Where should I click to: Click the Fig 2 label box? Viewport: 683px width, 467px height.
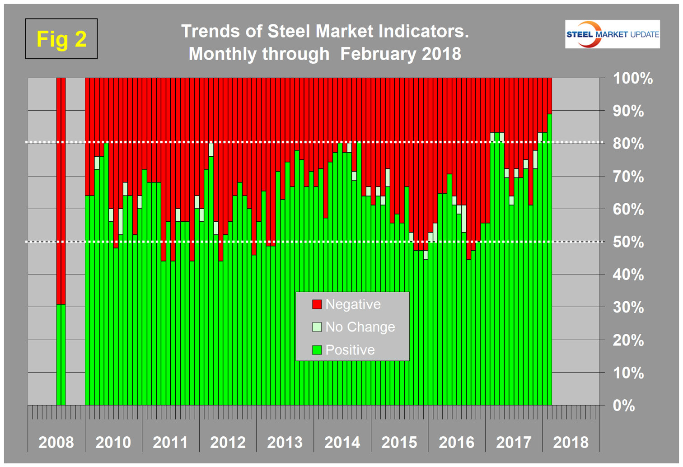point(61,39)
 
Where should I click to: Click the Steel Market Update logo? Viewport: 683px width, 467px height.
point(612,34)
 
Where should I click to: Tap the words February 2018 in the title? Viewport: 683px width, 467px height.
point(400,54)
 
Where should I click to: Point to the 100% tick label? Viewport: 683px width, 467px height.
point(632,79)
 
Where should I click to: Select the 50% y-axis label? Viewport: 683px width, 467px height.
point(628,242)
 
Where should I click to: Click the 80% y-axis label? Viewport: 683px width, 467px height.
point(628,144)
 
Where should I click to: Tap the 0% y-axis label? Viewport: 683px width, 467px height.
point(624,406)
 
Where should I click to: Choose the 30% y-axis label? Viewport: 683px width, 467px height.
point(628,308)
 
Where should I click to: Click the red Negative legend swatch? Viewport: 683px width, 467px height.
point(317,304)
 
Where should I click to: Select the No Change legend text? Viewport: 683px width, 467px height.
point(360,327)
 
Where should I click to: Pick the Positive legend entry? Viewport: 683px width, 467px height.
point(350,350)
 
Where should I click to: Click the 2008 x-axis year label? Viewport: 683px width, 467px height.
point(56,442)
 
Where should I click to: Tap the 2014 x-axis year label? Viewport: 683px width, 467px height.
point(342,442)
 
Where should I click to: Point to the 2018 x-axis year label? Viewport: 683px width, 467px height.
point(571,442)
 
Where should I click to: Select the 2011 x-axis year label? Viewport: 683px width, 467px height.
point(170,442)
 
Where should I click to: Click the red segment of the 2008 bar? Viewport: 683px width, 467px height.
point(61,190)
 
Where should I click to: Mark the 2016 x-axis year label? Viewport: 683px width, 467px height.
point(456,442)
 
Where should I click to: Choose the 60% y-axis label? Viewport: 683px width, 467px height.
point(628,210)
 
